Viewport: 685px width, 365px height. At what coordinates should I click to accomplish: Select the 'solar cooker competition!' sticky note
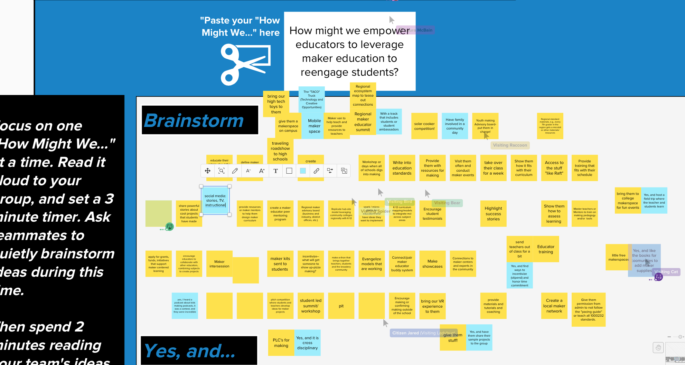click(x=424, y=126)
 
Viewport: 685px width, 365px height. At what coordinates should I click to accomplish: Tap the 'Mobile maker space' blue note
click(x=314, y=126)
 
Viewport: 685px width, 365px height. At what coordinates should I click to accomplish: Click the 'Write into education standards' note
click(x=402, y=168)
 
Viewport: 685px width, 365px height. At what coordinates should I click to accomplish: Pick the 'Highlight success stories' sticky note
click(x=493, y=213)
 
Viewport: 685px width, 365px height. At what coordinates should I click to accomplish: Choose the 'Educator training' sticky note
click(x=546, y=249)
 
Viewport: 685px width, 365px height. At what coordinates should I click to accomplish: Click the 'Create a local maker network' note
click(x=554, y=306)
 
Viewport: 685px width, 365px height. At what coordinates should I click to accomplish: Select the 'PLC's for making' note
click(x=281, y=343)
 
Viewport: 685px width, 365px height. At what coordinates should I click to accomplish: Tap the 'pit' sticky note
click(x=341, y=306)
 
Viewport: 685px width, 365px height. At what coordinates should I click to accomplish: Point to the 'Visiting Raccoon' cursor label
click(x=510, y=145)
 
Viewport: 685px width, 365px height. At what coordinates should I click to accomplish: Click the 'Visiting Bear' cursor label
click(x=447, y=203)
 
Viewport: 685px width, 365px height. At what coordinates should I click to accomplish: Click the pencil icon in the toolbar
click(x=235, y=171)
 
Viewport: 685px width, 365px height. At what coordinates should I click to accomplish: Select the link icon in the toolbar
click(x=316, y=171)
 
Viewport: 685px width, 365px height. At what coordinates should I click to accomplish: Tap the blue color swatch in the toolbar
click(x=303, y=171)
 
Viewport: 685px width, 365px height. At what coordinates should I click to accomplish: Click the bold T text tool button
click(x=276, y=171)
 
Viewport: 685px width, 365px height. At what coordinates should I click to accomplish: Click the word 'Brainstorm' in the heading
click(x=194, y=120)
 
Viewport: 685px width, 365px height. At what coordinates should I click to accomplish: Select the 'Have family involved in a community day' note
click(x=455, y=126)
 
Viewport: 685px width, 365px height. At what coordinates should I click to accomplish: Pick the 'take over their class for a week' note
click(x=493, y=168)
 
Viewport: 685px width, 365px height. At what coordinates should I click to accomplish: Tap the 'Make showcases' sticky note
click(x=432, y=264)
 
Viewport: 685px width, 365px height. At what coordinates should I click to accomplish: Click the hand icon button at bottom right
click(x=658, y=347)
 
